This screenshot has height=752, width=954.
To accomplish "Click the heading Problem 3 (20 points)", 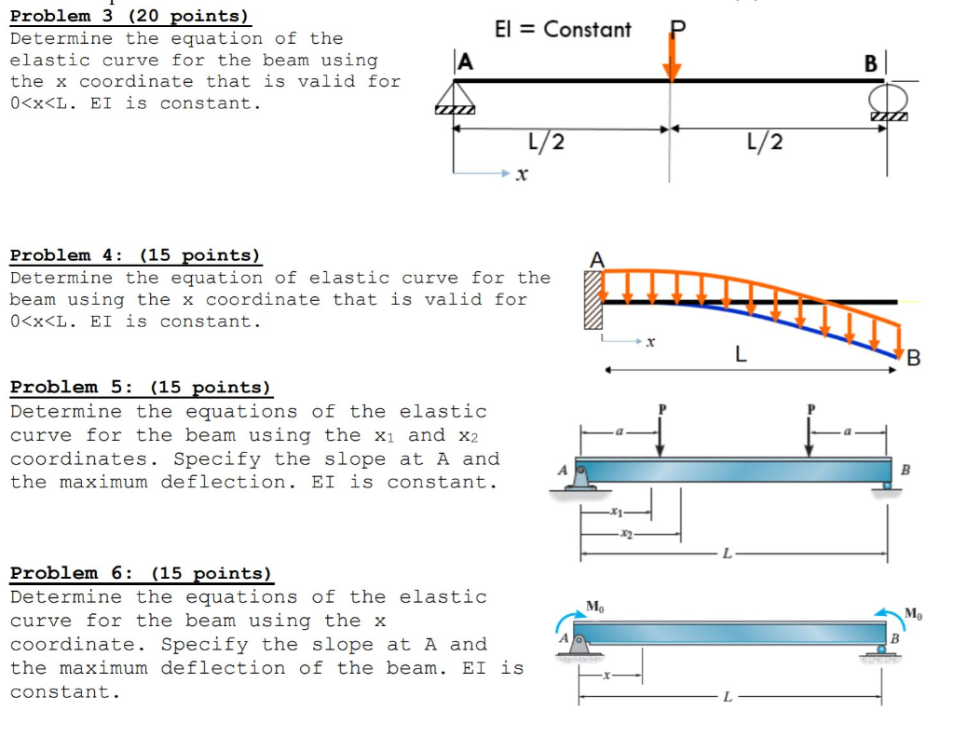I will pos(129,16).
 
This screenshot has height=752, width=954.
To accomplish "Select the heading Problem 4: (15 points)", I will pos(135,255).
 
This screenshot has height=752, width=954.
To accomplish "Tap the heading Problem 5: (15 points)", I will pos(140,388).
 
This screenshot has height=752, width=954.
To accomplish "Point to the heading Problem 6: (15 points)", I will pos(141,574).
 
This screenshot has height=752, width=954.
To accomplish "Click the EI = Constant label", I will pos(563,30).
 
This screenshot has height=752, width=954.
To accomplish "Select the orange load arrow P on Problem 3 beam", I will pos(672,58).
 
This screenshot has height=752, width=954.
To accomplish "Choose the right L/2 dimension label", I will pos(765,142).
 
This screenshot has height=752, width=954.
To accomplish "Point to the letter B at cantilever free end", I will pos(913,359).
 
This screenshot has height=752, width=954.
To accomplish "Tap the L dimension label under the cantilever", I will pos(741,355).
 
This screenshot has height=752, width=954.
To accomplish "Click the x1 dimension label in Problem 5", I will pos(614,512).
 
